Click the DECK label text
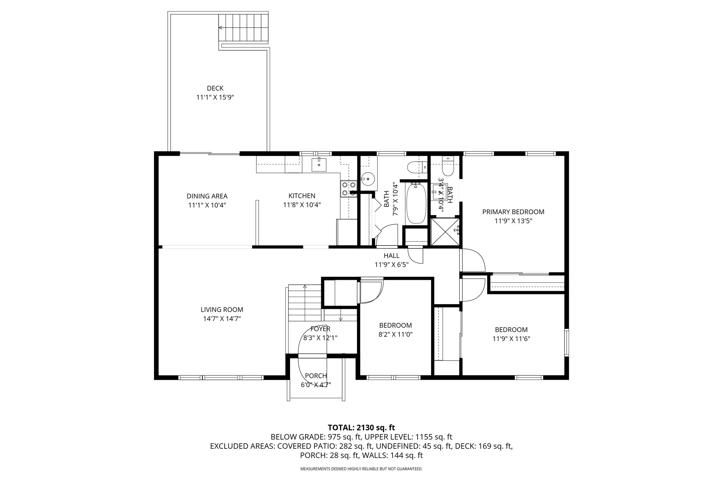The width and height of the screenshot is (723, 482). click(215, 88)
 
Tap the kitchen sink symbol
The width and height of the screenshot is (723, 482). click(319, 164)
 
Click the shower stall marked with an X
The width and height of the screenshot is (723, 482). click(446, 231)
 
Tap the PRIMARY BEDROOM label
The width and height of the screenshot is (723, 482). click(513, 212)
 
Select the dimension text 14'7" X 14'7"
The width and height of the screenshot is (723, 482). click(222, 319)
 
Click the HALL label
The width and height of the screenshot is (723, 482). click(391, 255)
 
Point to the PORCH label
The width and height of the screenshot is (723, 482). click(316, 376)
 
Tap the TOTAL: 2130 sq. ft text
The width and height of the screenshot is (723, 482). click(361, 428)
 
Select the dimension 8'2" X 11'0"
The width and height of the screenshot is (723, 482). click(395, 335)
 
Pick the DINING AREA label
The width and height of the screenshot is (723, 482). click(207, 196)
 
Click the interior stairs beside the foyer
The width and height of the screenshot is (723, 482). click(304, 303)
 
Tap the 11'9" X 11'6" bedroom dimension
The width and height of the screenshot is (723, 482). click(511, 339)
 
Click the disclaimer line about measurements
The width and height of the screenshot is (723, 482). click(361, 469)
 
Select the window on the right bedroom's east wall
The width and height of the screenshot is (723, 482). click(566, 342)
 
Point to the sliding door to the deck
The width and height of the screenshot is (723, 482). click(210, 153)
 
